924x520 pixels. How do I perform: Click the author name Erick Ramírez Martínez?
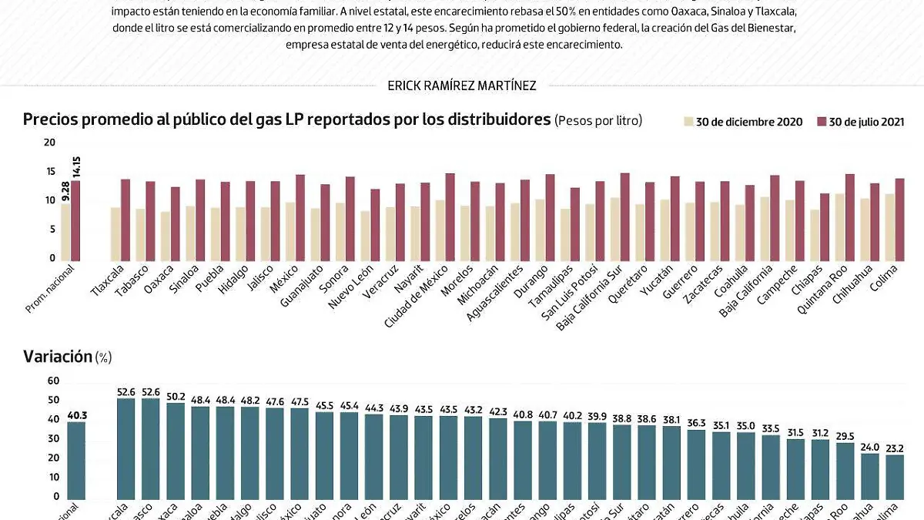click(461, 86)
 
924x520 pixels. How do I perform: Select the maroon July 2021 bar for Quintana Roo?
click(850, 217)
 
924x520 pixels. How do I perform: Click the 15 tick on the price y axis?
click(50, 172)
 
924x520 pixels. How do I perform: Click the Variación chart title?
click(57, 356)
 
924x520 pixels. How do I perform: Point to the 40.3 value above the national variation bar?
click(76, 416)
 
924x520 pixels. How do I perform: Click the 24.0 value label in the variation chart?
click(869, 447)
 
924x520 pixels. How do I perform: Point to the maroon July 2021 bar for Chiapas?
click(825, 227)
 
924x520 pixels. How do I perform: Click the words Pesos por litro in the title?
click(598, 121)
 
